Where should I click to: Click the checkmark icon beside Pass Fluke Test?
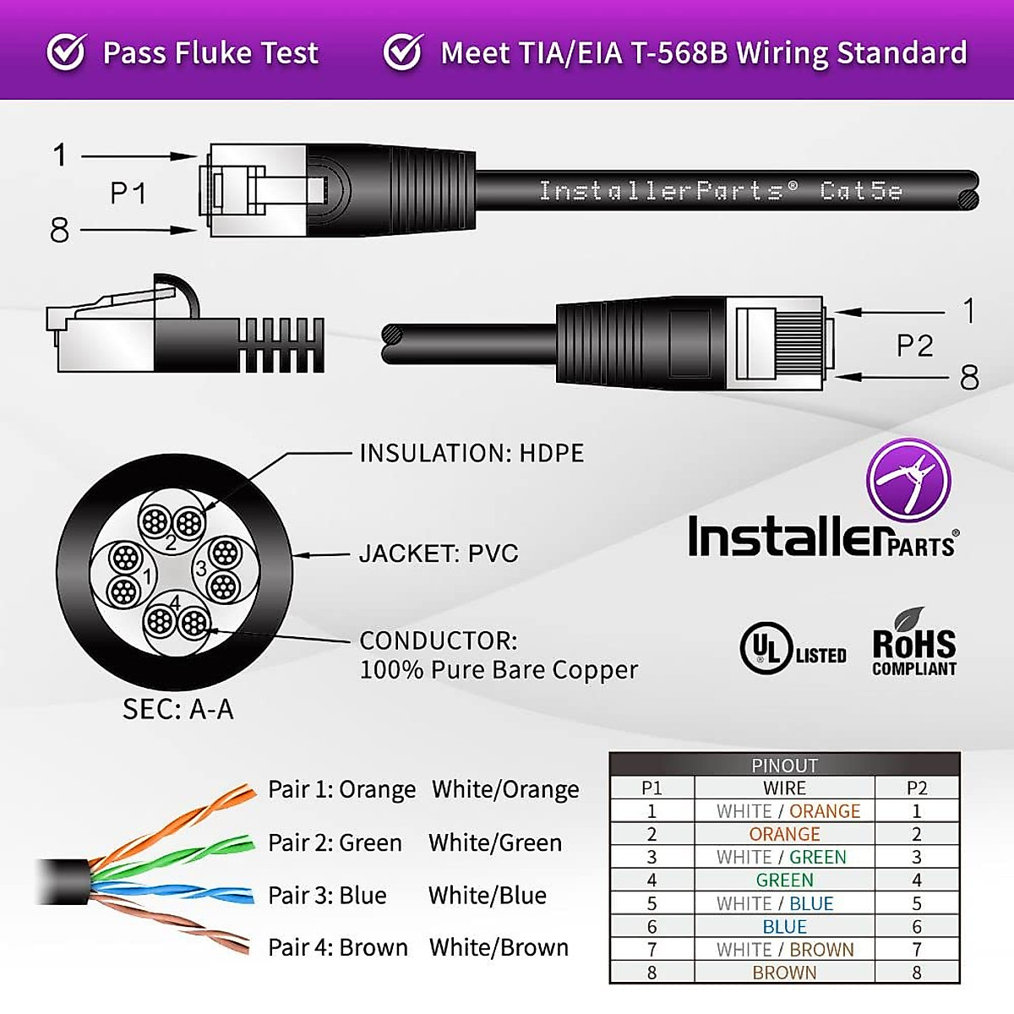coord(66,52)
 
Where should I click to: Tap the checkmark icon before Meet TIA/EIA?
coord(403,52)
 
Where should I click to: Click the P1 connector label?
coord(128,194)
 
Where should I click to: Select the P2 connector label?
coord(914,346)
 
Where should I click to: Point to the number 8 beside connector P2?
coord(969,377)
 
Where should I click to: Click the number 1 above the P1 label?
coord(60,155)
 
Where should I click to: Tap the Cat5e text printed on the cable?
coord(861,191)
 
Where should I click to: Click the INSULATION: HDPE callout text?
coord(472,453)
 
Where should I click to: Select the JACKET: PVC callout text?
coord(439,553)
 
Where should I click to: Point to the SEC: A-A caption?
coord(177,709)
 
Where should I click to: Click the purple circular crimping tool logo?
coord(908,480)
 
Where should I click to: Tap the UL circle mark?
coord(766,648)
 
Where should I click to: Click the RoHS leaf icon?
coord(909,619)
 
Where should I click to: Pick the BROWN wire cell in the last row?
coord(784,973)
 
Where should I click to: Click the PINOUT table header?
coord(784,766)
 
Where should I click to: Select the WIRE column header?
coord(784,788)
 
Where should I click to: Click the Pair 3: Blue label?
coord(327,895)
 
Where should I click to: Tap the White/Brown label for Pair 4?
coord(499,947)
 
